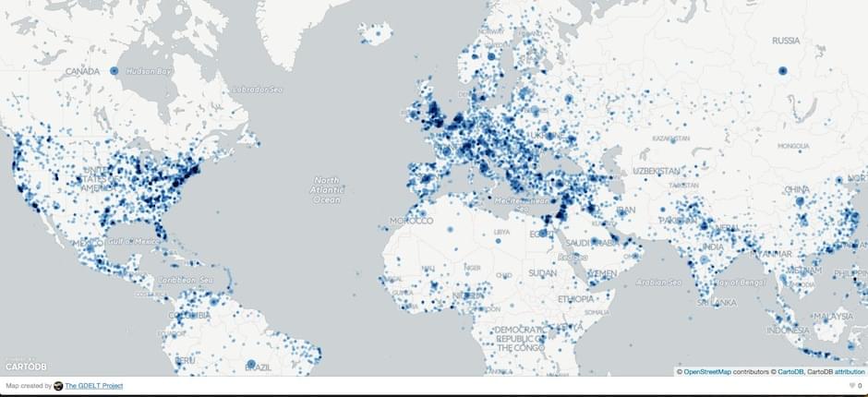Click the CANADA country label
(82, 70)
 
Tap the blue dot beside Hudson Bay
(115, 70)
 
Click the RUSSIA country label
(786, 41)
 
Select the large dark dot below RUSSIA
(782, 70)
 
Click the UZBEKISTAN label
(656, 172)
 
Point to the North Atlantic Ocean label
(327, 189)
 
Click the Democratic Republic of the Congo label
(522, 337)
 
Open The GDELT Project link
(93, 386)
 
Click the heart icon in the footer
(850, 386)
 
